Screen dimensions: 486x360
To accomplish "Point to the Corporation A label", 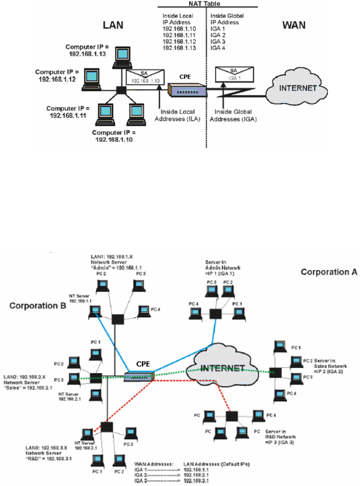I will [329, 272].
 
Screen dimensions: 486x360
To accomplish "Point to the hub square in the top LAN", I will [121, 90].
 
